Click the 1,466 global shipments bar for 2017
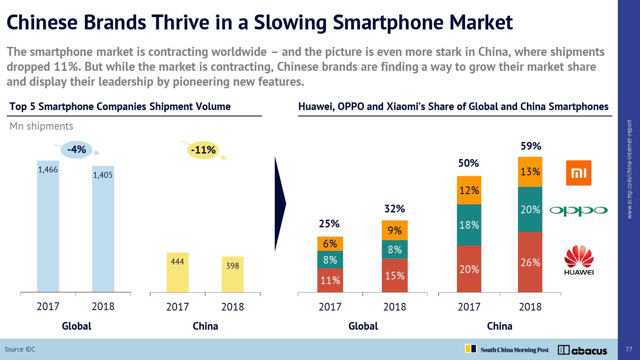click(48, 226)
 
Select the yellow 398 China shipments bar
click(233, 274)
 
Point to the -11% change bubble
click(203, 150)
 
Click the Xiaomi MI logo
click(579, 173)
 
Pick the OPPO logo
click(578, 210)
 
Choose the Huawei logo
click(579, 260)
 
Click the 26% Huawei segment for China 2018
click(530, 262)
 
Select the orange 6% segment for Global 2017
click(330, 244)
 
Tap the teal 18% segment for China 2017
click(469, 225)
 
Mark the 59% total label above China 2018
click(531, 146)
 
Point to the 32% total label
click(394, 209)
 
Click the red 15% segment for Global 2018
click(395, 276)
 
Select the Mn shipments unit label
click(41, 126)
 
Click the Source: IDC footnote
click(20, 349)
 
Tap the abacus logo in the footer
click(582, 350)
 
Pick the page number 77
click(628, 349)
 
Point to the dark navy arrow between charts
click(280, 204)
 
